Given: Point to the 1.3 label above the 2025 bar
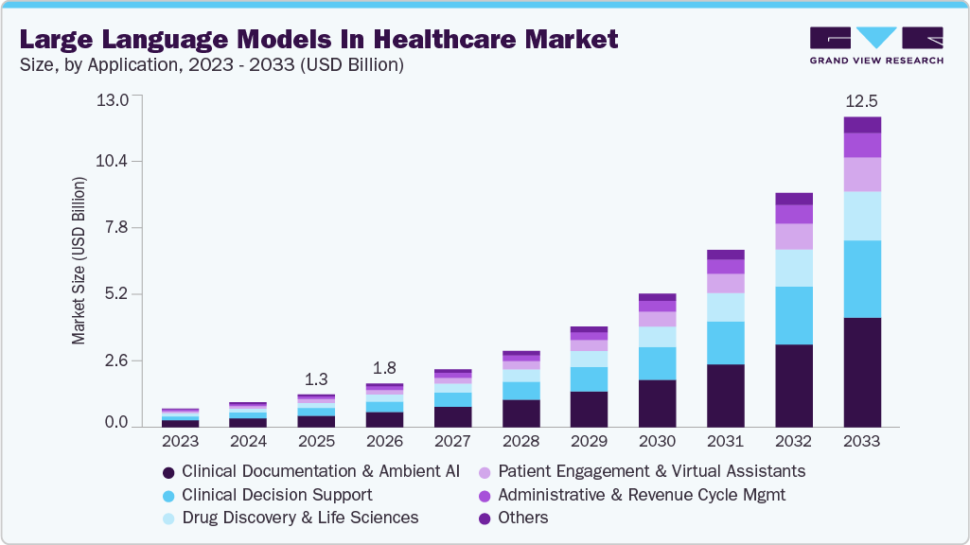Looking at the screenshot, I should click(x=315, y=379).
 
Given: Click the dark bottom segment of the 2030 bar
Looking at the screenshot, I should click(x=657, y=403).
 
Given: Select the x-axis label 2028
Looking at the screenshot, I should click(x=520, y=441).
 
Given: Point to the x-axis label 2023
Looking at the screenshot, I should click(x=180, y=441).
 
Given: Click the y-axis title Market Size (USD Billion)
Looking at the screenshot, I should click(x=79, y=260).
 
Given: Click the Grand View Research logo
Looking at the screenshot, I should click(x=875, y=45).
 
